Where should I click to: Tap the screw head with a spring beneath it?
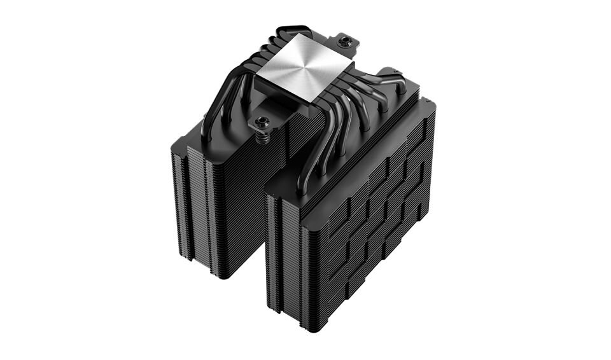point(261,120)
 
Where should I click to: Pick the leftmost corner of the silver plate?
point(256,80)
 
